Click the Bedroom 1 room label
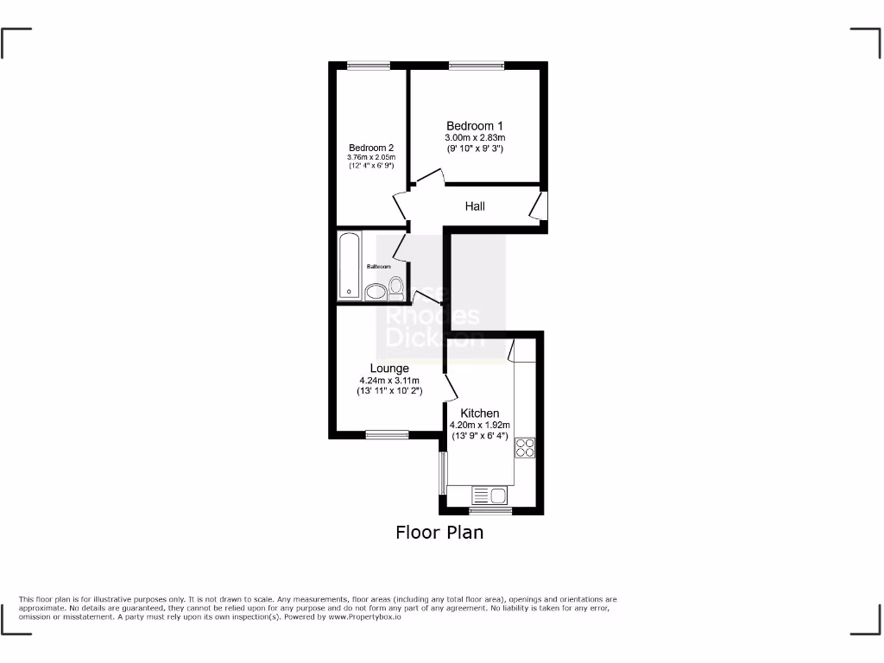point(475,126)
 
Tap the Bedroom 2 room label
point(371,147)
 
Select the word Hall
point(475,206)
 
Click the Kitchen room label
point(480,414)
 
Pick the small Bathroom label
point(379,267)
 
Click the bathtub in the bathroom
point(350,264)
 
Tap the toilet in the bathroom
point(396,287)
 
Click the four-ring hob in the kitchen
point(526,447)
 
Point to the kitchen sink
point(489,496)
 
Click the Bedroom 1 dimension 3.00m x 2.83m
point(475,138)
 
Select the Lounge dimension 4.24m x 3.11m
point(389,381)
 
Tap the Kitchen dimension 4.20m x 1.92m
point(480,425)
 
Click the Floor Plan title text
point(439,533)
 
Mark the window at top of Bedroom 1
point(477,65)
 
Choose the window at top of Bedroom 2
point(369,65)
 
